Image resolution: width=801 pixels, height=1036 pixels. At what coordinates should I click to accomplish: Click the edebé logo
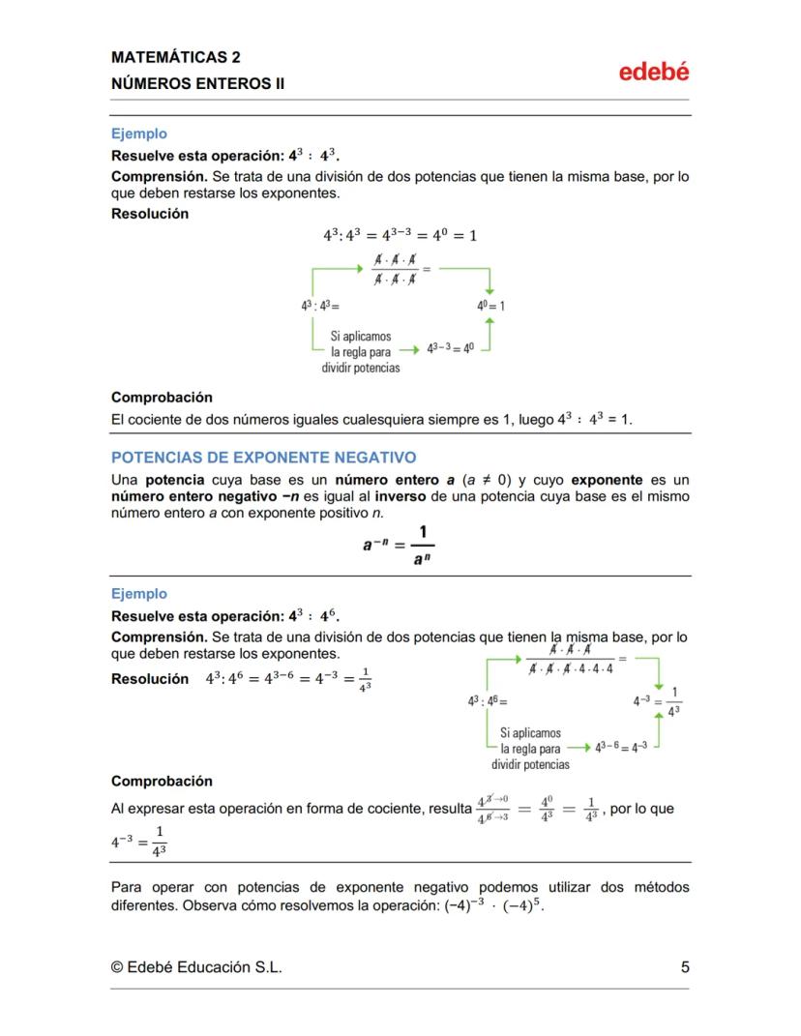[x=654, y=72]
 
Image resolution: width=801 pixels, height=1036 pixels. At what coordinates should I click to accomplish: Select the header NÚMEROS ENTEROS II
[x=197, y=83]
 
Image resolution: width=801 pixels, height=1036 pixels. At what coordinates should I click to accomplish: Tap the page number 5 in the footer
[x=684, y=966]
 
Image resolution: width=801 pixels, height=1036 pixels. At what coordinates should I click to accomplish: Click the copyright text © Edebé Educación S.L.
[x=196, y=966]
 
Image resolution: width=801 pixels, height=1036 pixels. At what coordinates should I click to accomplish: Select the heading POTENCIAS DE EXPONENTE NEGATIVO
[x=263, y=457]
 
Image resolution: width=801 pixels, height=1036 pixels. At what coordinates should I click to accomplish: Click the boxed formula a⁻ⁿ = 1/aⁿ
[x=399, y=546]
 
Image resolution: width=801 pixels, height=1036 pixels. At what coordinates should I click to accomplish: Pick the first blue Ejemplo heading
[x=139, y=133]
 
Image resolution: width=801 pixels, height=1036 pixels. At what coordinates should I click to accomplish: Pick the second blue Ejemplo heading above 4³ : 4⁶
[x=139, y=594]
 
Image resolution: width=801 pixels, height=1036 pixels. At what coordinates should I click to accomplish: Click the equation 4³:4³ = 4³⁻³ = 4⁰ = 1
[x=400, y=235]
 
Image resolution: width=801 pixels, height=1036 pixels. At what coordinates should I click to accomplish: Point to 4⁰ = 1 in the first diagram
[x=490, y=305]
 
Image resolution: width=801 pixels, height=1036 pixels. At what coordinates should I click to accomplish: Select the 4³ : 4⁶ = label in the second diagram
[x=487, y=699]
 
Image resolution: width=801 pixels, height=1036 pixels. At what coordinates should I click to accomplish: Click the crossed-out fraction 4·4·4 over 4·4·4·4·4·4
[x=571, y=660]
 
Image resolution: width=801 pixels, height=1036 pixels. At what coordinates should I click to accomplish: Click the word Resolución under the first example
[x=150, y=214]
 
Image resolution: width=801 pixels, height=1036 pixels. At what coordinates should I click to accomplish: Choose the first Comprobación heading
[x=162, y=397]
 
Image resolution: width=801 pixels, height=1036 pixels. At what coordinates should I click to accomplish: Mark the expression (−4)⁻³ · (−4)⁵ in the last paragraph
[x=488, y=908]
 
